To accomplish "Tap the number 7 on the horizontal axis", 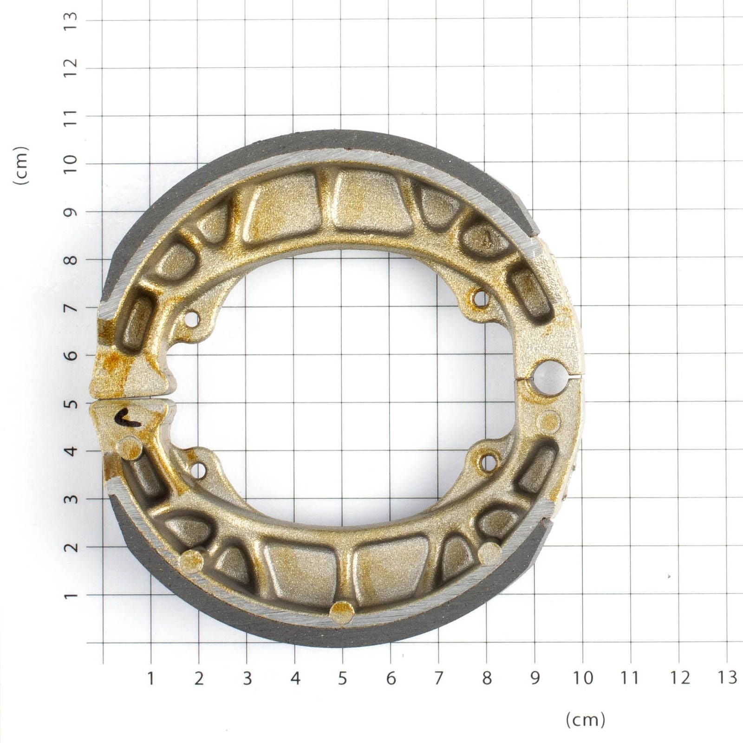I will coord(438,678).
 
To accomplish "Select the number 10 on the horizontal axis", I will coord(583,678).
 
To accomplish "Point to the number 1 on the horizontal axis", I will coord(150,678).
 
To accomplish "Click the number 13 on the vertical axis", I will coord(71,20).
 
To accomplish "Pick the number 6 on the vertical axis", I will coord(71,356).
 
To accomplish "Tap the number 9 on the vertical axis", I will coord(71,212).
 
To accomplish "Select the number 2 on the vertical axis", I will coord(71,547).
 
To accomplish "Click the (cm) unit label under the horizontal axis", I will coord(586,720).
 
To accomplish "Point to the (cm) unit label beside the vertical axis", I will coord(21,166).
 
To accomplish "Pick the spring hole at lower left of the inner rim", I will coord(199,471).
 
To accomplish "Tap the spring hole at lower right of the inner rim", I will coord(488,462).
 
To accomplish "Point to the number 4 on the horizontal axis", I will coord(295,678).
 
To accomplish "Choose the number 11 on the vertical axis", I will coord(71,116).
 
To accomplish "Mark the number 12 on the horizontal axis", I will coord(679,678).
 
